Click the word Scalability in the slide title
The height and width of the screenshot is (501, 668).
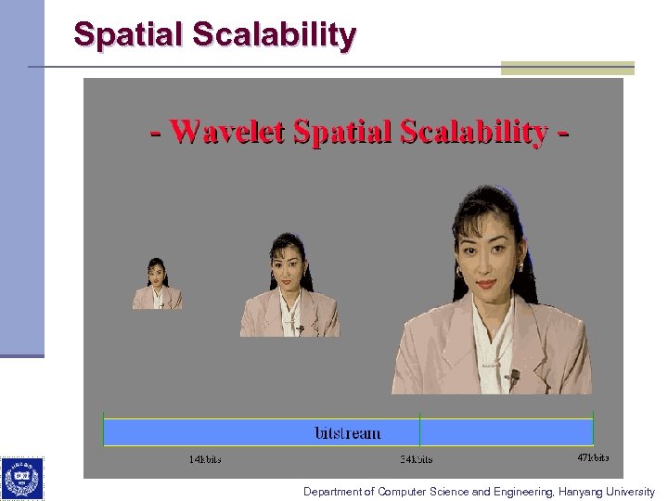[x=275, y=34]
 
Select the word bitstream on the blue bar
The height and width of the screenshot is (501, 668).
[x=348, y=432]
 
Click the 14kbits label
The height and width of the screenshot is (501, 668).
[x=205, y=459]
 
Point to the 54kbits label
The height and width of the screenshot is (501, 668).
[x=416, y=459]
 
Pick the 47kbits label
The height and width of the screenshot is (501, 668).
[x=594, y=457]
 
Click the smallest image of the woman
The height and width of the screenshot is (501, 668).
[x=157, y=284]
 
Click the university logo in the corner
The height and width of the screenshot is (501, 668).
[x=21, y=479]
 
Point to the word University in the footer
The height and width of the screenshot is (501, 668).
[x=630, y=492]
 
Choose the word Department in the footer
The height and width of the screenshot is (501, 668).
[x=331, y=492]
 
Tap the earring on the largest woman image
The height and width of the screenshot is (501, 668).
[x=458, y=274]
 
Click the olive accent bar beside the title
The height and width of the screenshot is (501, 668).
[x=567, y=68]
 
